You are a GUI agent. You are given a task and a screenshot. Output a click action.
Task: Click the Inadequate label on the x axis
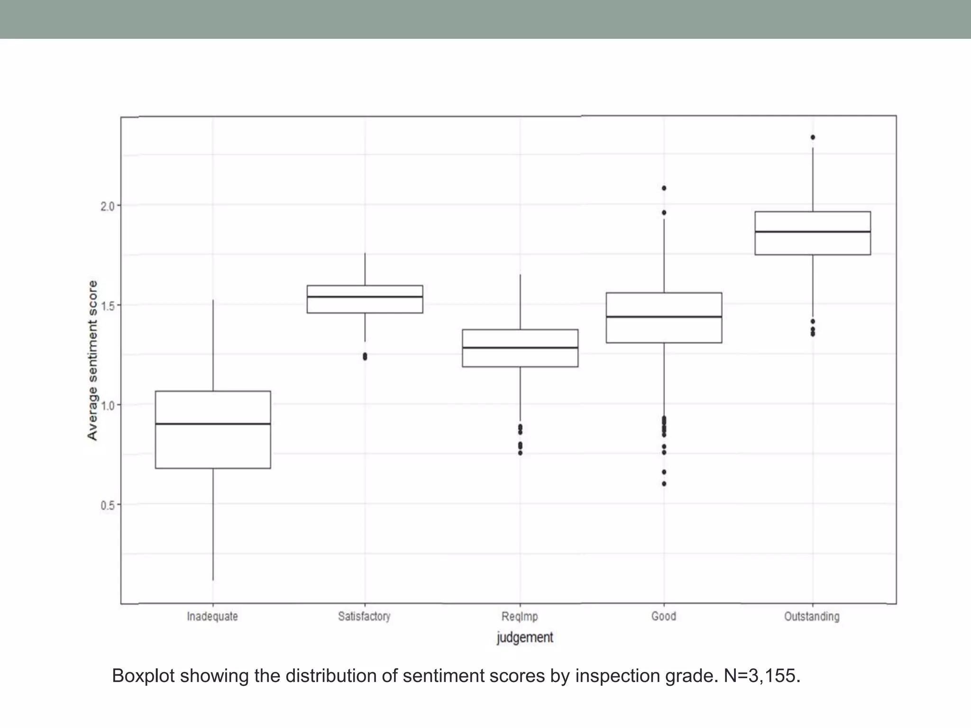(212, 617)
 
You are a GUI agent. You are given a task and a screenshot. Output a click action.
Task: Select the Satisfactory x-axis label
(364, 617)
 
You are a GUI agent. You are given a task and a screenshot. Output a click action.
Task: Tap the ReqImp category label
(520, 617)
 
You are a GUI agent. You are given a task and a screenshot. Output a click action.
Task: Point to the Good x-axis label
(664, 617)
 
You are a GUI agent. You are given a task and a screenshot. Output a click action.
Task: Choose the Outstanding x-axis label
(812, 617)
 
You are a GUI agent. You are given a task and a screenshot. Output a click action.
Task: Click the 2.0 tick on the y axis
(108, 206)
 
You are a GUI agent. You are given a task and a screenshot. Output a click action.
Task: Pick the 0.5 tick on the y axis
(108, 505)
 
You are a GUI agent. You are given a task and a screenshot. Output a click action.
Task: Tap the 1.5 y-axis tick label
(108, 306)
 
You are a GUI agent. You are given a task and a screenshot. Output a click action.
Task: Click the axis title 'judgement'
(525, 637)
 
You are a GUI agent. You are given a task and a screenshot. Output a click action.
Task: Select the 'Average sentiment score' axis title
(92, 360)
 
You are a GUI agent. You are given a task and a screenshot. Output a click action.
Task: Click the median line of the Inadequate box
(213, 424)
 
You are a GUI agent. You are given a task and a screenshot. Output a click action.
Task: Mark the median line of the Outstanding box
(813, 232)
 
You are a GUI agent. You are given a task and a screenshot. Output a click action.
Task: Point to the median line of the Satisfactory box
(365, 297)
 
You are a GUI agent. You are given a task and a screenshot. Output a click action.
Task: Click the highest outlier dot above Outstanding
(813, 137)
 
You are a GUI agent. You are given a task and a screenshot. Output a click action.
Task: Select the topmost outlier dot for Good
(664, 188)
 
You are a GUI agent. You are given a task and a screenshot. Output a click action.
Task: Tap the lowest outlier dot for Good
(664, 484)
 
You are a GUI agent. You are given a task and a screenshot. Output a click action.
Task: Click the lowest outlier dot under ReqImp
(520, 453)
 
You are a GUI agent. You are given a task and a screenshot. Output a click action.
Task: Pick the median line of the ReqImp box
(520, 348)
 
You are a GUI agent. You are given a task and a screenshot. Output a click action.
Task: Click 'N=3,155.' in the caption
(762, 676)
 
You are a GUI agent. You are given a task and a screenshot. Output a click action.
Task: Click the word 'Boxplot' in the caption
(144, 676)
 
